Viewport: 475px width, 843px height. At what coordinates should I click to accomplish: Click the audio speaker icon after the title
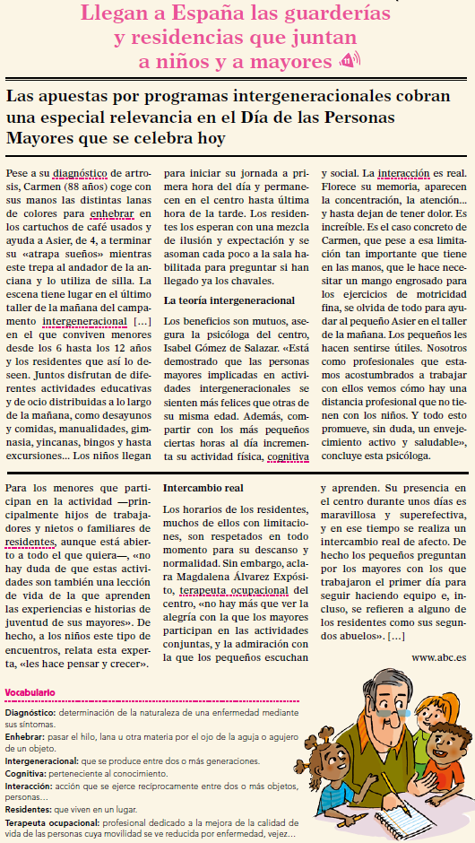tap(349, 60)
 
